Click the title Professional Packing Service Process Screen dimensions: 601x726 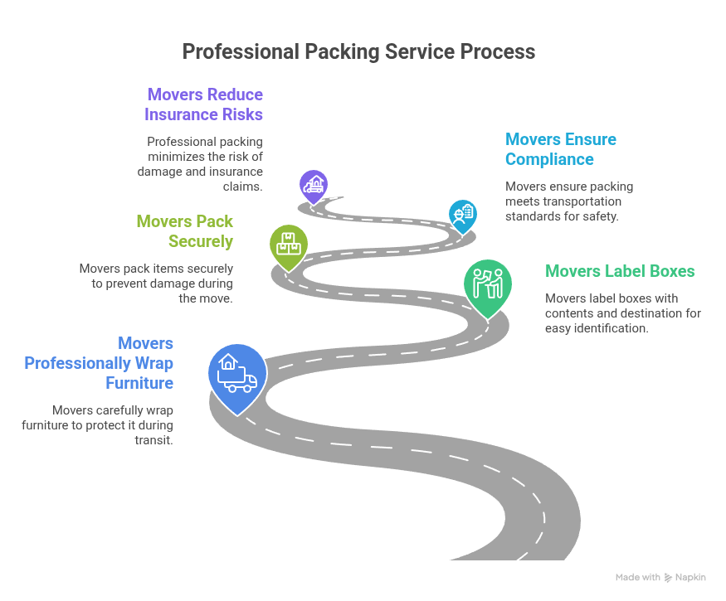click(358, 51)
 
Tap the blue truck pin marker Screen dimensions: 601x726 click(237, 373)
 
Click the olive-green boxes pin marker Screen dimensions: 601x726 click(289, 244)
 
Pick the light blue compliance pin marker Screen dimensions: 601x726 click(462, 215)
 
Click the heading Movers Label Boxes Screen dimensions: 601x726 click(619, 271)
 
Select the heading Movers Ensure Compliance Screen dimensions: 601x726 click(560, 149)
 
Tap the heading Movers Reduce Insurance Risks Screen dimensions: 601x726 click(204, 104)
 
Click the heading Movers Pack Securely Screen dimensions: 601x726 click(185, 231)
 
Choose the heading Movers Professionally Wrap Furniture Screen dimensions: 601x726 click(99, 363)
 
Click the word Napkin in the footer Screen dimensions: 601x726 click(692, 577)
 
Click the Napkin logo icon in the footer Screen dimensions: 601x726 click(669, 577)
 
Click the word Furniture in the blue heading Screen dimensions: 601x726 click(139, 383)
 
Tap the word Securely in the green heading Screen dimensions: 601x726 click(201, 241)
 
